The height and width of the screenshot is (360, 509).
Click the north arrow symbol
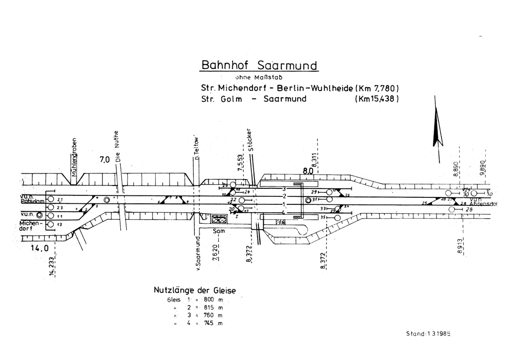437,129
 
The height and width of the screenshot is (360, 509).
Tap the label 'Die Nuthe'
118,150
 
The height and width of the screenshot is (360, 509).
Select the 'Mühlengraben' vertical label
74,157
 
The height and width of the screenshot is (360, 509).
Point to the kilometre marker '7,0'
104,160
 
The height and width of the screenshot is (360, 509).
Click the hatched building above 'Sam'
218,219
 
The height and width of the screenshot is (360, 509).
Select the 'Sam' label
218,231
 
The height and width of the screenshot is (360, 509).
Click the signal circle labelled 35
330,217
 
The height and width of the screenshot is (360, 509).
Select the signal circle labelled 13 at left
51,225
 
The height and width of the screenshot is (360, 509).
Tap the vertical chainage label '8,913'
460,246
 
